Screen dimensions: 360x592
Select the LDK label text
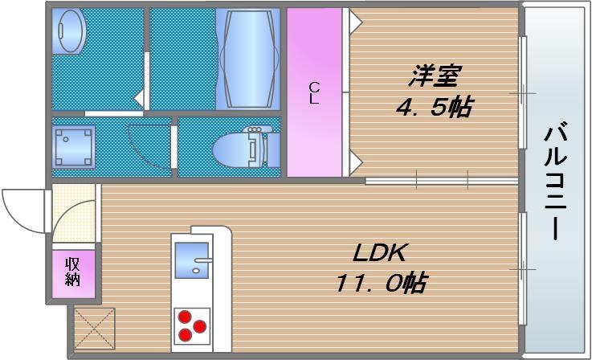[x=382, y=255]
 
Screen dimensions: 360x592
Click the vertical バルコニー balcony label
[x=555, y=181]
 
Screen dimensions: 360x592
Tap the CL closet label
[x=314, y=94]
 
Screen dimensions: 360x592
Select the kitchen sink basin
[x=191, y=261]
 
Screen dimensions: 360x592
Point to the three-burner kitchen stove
[x=191, y=324]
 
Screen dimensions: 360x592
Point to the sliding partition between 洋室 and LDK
[x=441, y=181]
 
